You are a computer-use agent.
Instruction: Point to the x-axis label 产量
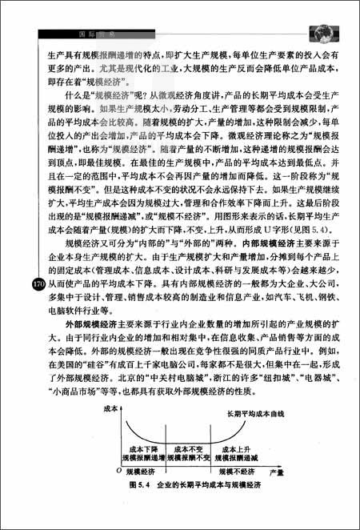tap(276, 474)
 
